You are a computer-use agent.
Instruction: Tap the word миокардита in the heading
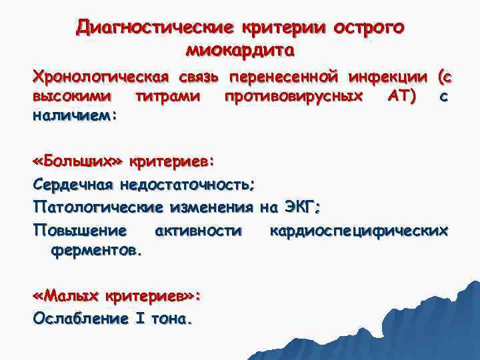click(x=239, y=50)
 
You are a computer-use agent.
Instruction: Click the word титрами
click(x=167, y=97)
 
